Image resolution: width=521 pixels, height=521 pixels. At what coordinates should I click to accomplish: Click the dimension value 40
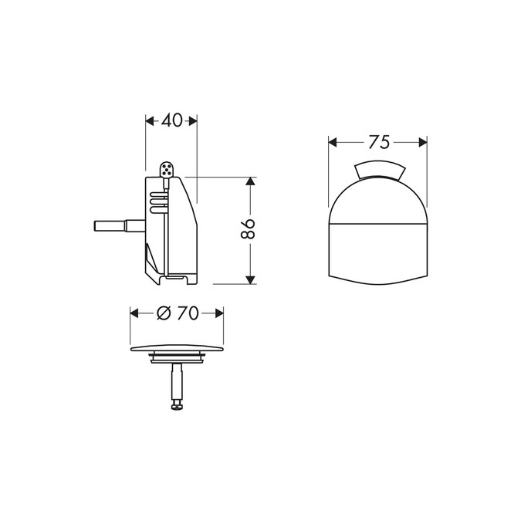(x=172, y=120)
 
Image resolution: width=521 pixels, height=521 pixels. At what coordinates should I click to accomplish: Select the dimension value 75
(x=378, y=142)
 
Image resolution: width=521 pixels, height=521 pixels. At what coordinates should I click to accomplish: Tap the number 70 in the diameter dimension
(x=187, y=313)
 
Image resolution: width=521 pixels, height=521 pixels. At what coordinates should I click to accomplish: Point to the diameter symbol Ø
(x=163, y=313)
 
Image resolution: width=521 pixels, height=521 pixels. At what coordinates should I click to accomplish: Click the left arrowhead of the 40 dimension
(x=150, y=120)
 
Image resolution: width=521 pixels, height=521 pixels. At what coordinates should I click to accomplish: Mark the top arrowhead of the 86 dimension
(x=249, y=182)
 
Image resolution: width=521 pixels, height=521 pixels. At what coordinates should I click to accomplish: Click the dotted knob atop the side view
(x=166, y=170)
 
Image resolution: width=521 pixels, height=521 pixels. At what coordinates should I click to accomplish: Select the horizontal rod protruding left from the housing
(x=117, y=226)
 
